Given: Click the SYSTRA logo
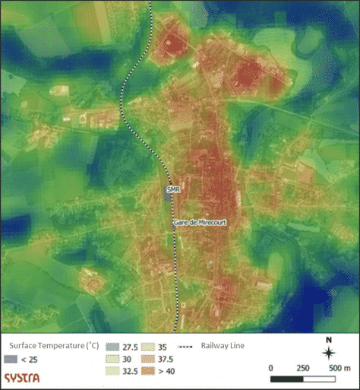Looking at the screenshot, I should tap(24, 377).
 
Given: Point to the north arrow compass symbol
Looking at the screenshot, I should tap(328, 353).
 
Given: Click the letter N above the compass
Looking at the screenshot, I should tap(328, 340).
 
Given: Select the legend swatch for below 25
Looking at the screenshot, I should tap(11, 358).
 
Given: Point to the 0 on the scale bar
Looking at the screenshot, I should tap(271, 368).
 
